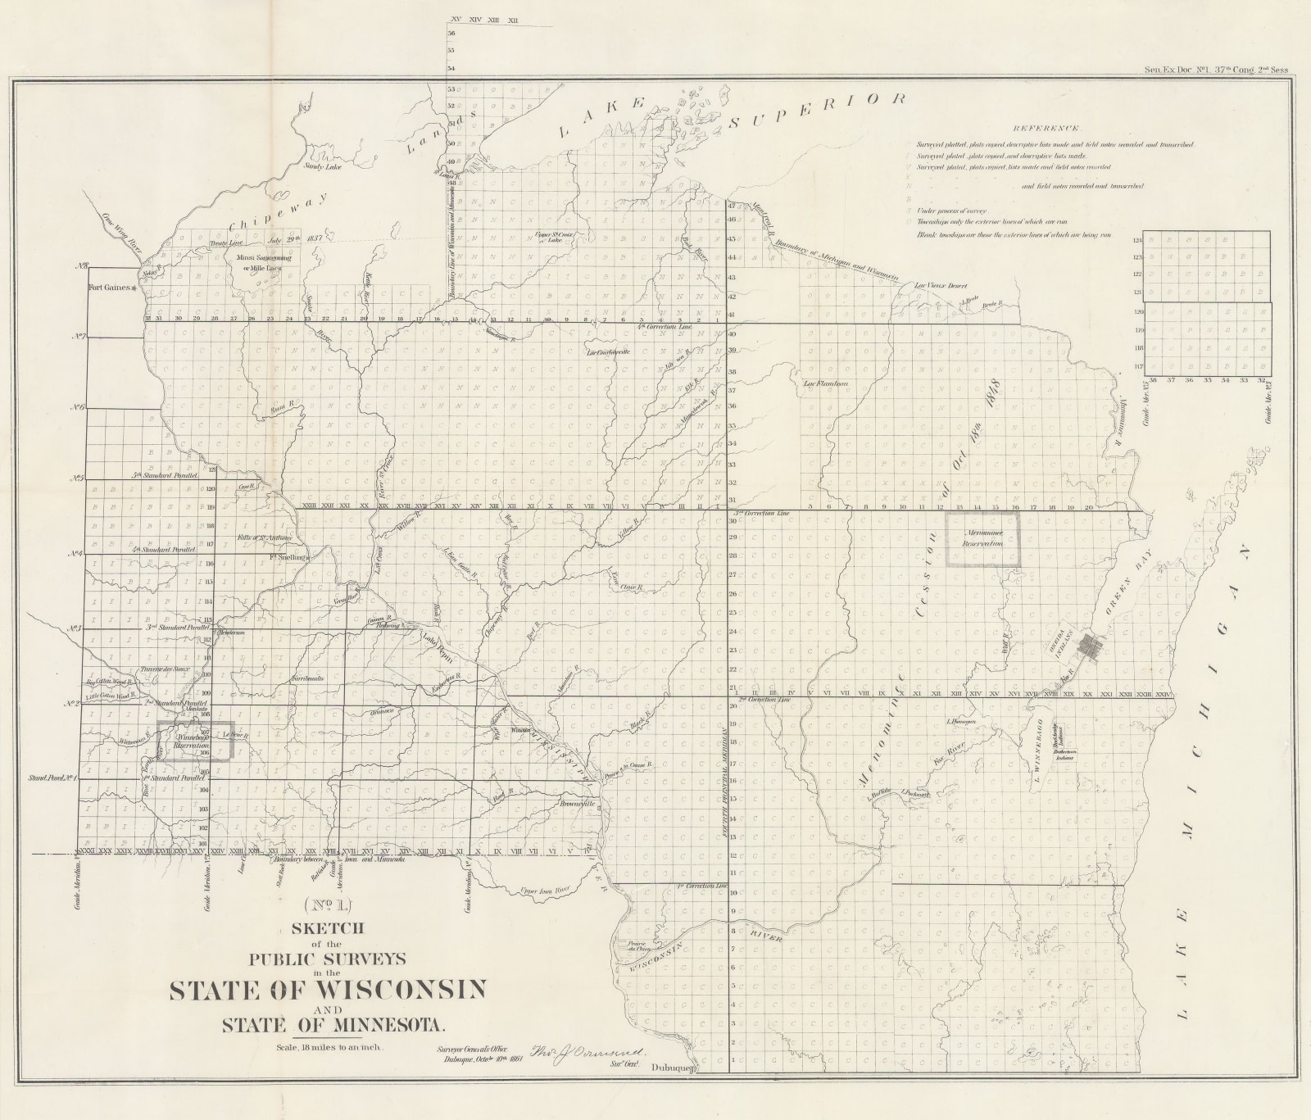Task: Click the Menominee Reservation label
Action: pos(982,538)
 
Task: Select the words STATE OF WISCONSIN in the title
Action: pos(328,990)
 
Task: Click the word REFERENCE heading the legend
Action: pos(1046,129)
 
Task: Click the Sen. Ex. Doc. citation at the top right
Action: pos(1215,70)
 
